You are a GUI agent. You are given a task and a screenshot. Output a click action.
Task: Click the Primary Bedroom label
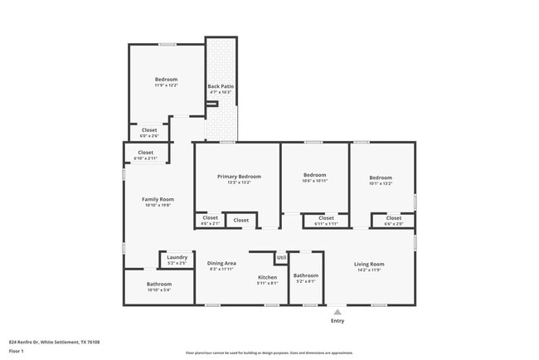pyautogui.click(x=239, y=177)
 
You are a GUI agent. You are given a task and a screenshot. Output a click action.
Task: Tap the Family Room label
pyautogui.click(x=158, y=199)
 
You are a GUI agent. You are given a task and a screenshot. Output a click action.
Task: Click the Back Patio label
pyautogui.click(x=219, y=86)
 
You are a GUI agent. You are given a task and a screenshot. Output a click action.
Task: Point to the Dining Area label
pyautogui.click(x=221, y=263)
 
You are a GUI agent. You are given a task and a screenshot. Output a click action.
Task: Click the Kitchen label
pyautogui.click(x=267, y=277)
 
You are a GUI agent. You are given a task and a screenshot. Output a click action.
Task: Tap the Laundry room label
pyautogui.click(x=177, y=257)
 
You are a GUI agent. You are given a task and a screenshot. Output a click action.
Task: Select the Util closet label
pyautogui.click(x=282, y=257)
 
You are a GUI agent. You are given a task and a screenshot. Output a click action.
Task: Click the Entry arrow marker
pyautogui.click(x=337, y=312)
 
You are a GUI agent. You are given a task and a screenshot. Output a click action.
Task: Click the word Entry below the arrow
pyautogui.click(x=337, y=321)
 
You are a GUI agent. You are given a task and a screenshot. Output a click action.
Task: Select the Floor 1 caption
pyautogui.click(x=17, y=351)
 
